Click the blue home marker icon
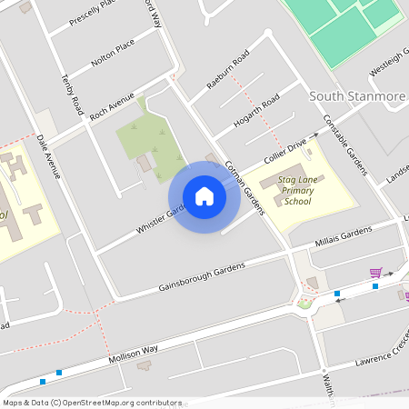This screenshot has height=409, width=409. coord(204,196)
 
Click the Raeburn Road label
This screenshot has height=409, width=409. coord(227,71)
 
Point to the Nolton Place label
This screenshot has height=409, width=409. coord(113,53)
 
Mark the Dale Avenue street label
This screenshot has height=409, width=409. coord(48,156)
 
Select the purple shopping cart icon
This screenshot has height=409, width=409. coord(375,272)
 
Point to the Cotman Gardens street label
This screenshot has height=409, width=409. coord(244,187)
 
